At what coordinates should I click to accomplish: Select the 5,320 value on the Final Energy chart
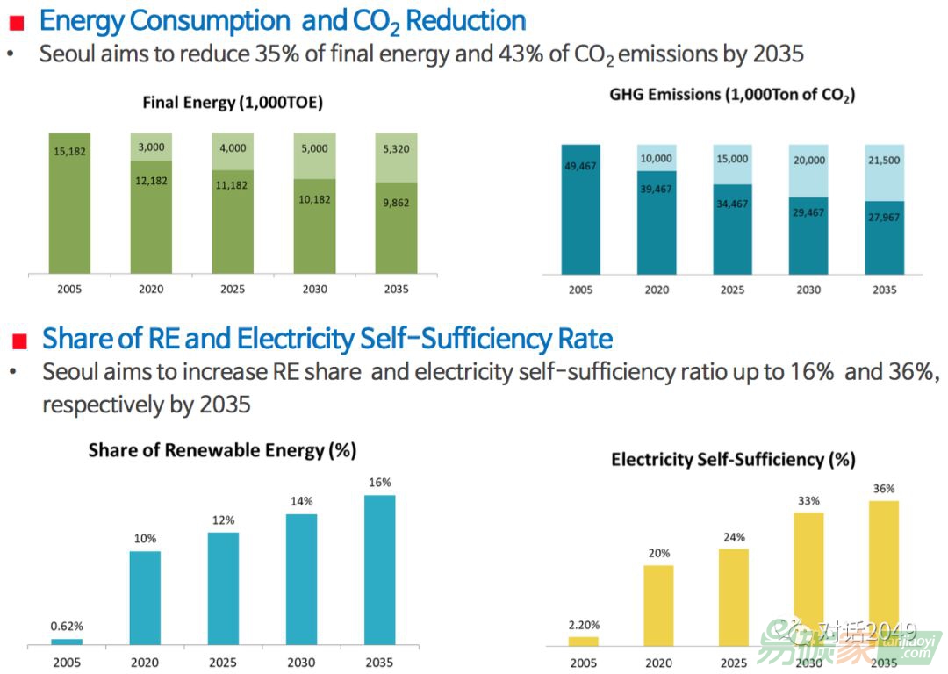pyautogui.click(x=395, y=149)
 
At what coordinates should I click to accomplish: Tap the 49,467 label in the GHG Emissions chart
pyautogui.click(x=580, y=165)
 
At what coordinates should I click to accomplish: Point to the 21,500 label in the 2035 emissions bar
pyautogui.click(x=883, y=161)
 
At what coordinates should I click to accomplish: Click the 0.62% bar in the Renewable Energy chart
pyautogui.click(x=67, y=642)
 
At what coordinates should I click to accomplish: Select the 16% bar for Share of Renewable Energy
pyautogui.click(x=379, y=570)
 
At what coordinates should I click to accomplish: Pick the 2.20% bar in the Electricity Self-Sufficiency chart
pyautogui.click(x=583, y=642)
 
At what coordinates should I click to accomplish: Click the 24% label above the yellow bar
pyautogui.click(x=734, y=537)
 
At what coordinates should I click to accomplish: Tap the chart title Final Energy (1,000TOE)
pyautogui.click(x=233, y=103)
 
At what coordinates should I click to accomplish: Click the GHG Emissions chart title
pyautogui.click(x=732, y=95)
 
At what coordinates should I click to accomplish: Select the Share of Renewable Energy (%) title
pyautogui.click(x=222, y=450)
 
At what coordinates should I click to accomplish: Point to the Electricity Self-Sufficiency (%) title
pyautogui.click(x=733, y=459)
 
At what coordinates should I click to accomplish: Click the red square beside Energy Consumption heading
pyautogui.click(x=16, y=24)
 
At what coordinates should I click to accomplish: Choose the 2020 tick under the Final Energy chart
pyautogui.click(x=151, y=289)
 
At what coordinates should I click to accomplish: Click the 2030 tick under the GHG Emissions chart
pyautogui.click(x=808, y=290)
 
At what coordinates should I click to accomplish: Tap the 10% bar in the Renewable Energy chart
pyautogui.click(x=145, y=598)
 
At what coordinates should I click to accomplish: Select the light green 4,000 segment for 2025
pyautogui.click(x=233, y=151)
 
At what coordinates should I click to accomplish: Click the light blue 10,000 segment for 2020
pyautogui.click(x=657, y=158)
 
